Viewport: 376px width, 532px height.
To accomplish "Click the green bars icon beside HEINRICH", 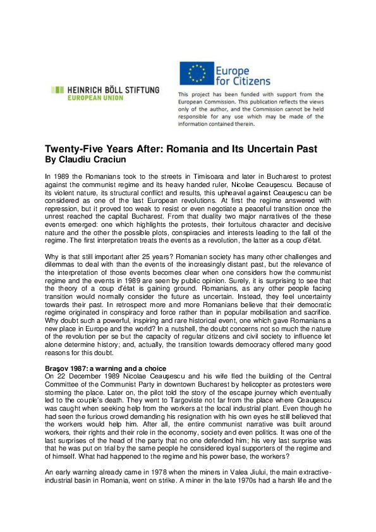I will coord(57,90).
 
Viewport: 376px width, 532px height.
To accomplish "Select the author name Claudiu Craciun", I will coord(85,160).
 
